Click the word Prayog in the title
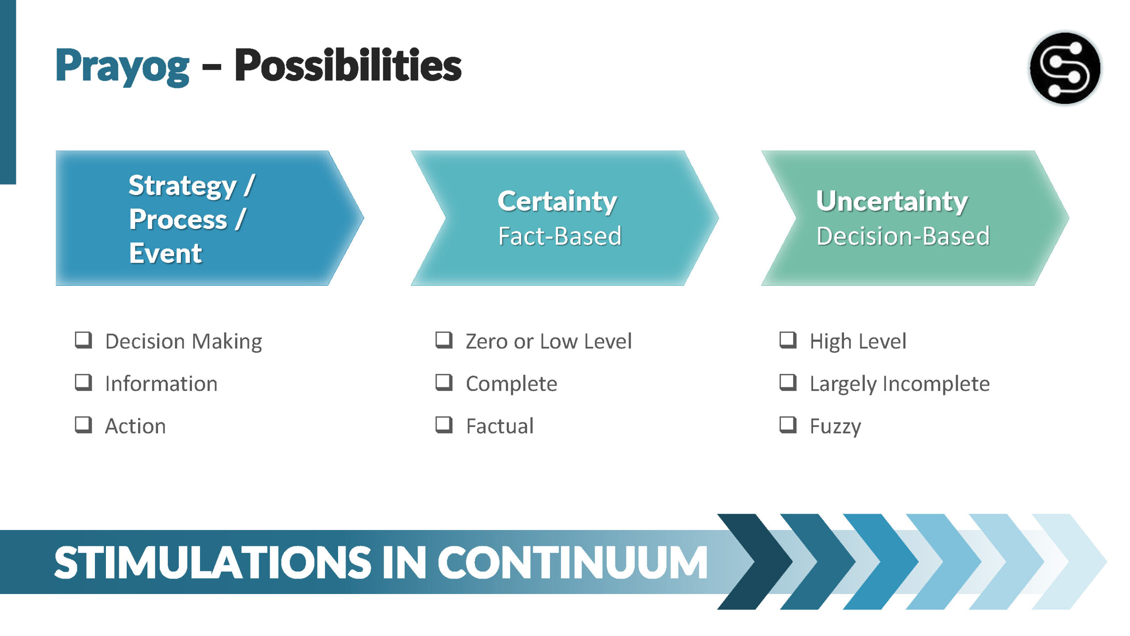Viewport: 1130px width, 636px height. point(122,67)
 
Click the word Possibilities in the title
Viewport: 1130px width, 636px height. point(348,65)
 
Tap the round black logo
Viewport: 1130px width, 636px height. point(1065,68)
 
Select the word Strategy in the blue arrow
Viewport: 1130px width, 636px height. point(183,186)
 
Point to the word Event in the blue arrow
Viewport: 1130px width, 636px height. point(166,254)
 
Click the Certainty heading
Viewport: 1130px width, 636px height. point(557,201)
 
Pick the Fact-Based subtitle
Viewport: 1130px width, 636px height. point(560,236)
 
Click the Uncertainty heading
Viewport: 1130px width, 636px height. point(892,201)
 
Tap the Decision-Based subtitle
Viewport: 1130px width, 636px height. point(903,236)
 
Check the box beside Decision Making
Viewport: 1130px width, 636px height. point(83,340)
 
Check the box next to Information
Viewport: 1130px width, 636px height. point(83,382)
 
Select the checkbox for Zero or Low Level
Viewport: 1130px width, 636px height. point(444,340)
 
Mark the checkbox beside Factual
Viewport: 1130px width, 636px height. point(444,425)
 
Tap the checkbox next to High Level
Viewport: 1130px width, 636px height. point(788,340)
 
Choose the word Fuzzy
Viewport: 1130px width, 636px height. point(835,427)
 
